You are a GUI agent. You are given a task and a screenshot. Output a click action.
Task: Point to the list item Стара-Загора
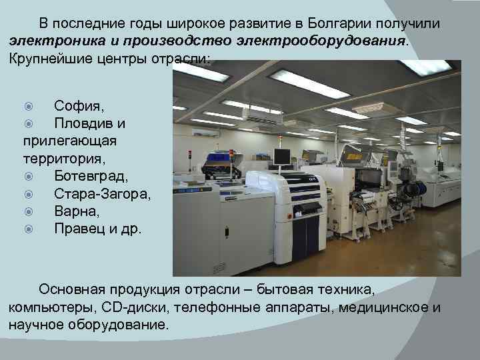coord(103,194)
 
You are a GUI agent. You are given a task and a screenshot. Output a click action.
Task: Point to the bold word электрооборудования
coord(320,41)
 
